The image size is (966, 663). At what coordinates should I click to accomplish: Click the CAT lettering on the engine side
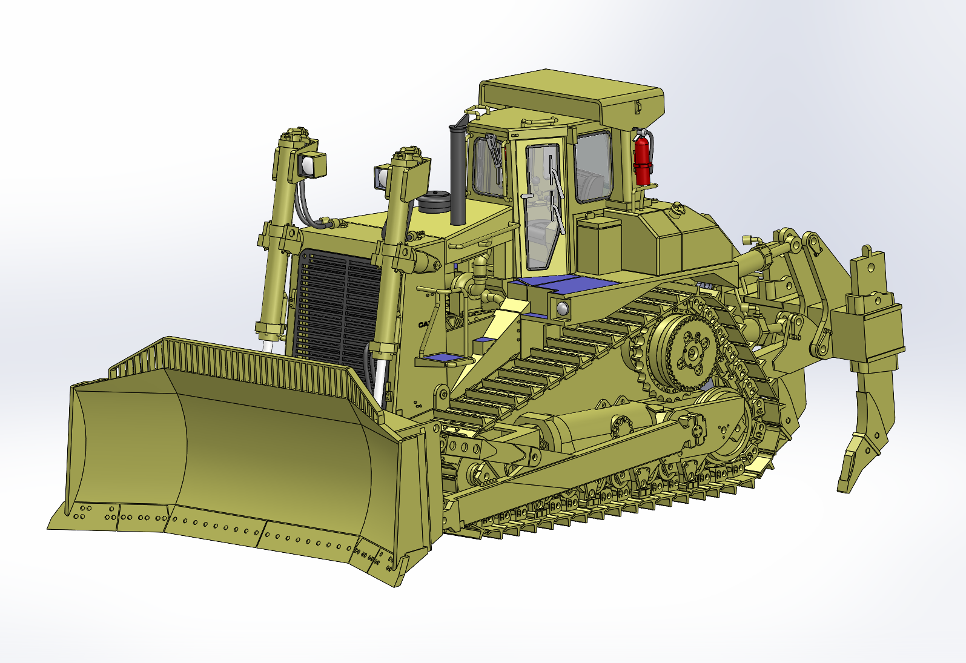423,325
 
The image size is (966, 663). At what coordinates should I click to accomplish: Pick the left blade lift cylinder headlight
310,165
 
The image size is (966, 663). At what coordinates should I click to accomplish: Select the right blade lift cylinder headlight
382,176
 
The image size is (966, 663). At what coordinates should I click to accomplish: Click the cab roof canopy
569,94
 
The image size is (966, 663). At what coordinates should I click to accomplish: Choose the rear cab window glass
594,167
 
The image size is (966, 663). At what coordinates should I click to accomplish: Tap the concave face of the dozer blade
242,454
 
